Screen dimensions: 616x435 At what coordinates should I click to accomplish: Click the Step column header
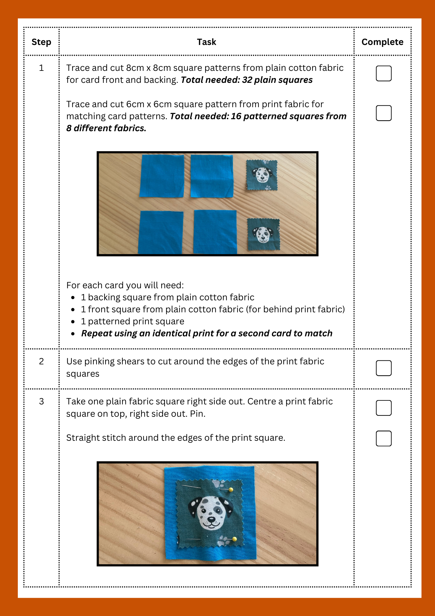click(x=41, y=42)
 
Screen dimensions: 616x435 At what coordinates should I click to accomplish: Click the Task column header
click(x=206, y=42)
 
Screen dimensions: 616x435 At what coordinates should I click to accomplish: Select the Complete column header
click(x=382, y=42)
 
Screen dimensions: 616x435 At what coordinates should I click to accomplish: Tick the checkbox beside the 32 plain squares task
click(x=383, y=74)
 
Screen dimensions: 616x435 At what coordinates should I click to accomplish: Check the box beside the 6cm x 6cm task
click(x=383, y=113)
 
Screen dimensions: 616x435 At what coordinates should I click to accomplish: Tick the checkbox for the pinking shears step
click(x=383, y=368)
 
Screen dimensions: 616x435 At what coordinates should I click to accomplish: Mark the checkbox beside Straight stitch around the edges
click(x=383, y=438)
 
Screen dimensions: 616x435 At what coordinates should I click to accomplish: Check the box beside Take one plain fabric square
click(x=383, y=408)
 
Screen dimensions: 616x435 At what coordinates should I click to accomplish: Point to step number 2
click(x=41, y=361)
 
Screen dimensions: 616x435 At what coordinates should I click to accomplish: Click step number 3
click(x=41, y=401)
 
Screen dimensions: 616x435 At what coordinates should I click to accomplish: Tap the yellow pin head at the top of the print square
click(x=231, y=489)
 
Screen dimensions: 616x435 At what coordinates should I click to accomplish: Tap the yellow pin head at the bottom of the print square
click(x=234, y=539)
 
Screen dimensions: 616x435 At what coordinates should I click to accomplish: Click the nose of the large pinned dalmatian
click(x=211, y=519)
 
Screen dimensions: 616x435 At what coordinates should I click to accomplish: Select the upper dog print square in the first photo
click(x=262, y=175)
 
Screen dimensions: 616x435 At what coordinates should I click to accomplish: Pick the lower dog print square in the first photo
click(x=264, y=234)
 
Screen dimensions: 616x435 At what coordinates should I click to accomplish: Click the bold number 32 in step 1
click(x=247, y=80)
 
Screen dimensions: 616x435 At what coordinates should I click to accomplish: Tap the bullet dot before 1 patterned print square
click(x=73, y=322)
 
